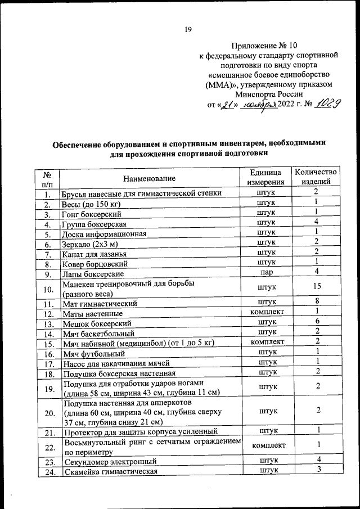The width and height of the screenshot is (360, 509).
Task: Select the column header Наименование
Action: [x=150, y=178]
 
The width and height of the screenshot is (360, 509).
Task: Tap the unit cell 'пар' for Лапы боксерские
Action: [x=266, y=273]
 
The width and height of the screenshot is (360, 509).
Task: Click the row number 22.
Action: [x=48, y=447]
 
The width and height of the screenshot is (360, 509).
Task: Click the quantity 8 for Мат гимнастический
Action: [x=317, y=303]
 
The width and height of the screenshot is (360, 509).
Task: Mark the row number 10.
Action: [x=48, y=289]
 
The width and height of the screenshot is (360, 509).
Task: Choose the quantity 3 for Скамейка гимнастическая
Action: [x=317, y=471]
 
